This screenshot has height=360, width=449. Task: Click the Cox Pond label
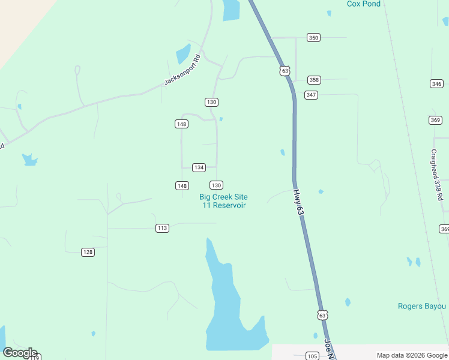point(364,4)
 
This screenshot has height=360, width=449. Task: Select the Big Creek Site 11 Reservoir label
point(223,201)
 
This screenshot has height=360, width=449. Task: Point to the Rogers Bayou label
point(422,306)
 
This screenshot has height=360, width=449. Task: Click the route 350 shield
point(313,37)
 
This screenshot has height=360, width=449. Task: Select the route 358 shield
point(314,80)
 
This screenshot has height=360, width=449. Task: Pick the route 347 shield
point(311,95)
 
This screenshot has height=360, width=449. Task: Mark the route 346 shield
point(436,83)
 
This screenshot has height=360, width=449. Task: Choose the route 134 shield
point(199,167)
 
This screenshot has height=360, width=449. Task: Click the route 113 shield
point(162,228)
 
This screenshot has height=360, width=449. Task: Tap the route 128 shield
point(88,252)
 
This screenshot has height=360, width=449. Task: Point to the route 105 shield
point(312,356)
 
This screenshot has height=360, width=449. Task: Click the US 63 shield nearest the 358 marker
point(285,71)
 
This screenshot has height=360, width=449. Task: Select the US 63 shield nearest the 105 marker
point(323,315)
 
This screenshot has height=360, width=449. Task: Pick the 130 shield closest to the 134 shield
point(217,185)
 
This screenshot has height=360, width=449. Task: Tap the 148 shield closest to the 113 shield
point(182,185)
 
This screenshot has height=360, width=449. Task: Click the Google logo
point(20,353)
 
